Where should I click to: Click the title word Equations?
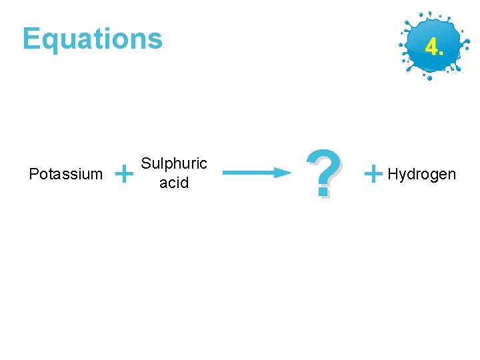tap(92, 39)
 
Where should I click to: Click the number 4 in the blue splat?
tap(430, 47)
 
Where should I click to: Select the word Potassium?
tap(66, 175)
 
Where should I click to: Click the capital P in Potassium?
tap(34, 175)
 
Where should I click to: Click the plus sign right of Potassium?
tap(123, 175)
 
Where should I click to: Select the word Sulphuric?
tap(174, 164)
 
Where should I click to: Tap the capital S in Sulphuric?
tap(147, 164)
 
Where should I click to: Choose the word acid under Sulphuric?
tap(174, 183)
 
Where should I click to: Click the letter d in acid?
tap(185, 182)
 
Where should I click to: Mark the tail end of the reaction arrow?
tap(225, 173)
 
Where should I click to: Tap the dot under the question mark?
tap(323, 193)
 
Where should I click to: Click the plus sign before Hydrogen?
tap(374, 175)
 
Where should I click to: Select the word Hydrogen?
tap(421, 175)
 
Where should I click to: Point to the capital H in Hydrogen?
tap(392, 174)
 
